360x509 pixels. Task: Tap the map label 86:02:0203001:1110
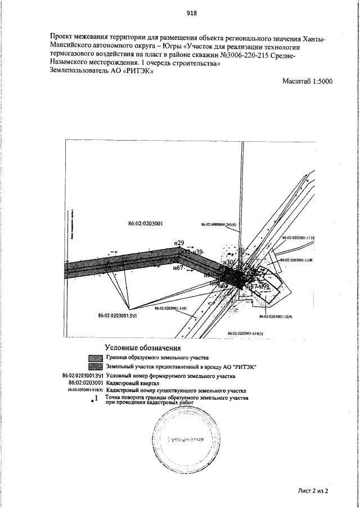(x=298, y=238)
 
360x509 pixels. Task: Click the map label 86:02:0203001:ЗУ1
(x=118, y=316)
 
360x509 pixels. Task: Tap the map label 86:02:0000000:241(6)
(x=219, y=224)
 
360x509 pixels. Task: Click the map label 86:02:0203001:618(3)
(x=246, y=334)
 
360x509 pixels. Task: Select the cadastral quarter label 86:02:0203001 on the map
(x=146, y=223)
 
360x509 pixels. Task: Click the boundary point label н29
(x=179, y=242)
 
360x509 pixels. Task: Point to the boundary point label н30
(x=228, y=262)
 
